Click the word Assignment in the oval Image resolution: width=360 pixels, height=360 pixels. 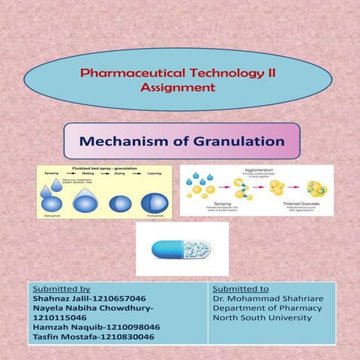pos(178,88)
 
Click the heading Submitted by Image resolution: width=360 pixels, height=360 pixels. pos(58,288)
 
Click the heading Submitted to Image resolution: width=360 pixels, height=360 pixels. pos(241,288)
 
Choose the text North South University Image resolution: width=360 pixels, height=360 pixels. pos(261,318)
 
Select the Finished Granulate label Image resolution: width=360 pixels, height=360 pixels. pos(304,203)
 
